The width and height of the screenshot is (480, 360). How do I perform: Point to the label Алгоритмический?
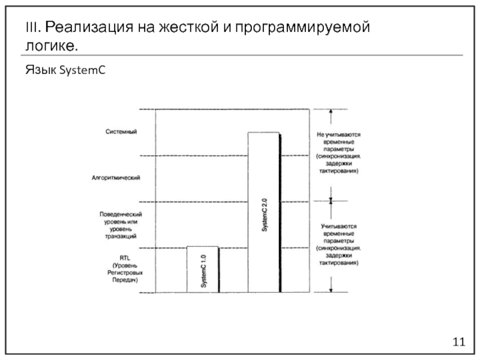pyautogui.click(x=116, y=178)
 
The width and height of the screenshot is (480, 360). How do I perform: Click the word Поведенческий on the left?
pyautogui.click(x=120, y=214)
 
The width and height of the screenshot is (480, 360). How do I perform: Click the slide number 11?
pyautogui.click(x=458, y=341)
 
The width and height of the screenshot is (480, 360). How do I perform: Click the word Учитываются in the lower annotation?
pyautogui.click(x=339, y=226)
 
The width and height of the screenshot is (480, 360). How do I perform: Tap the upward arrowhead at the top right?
pyautogui.click(x=330, y=112)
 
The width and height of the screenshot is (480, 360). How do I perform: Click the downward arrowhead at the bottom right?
pyautogui.click(x=331, y=290)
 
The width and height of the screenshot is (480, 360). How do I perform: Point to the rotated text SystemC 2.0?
pyautogui.click(x=264, y=215)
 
